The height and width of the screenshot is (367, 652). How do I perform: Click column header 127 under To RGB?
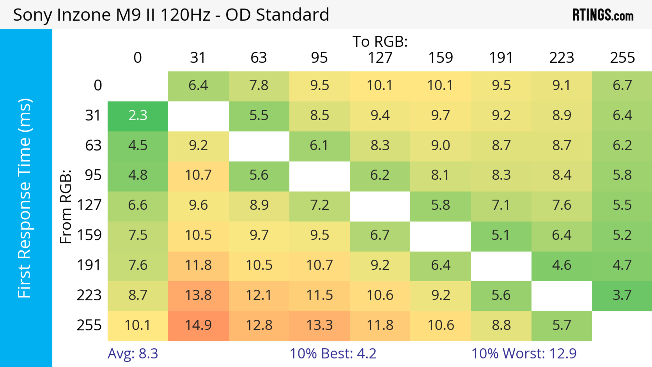pyautogui.click(x=380, y=58)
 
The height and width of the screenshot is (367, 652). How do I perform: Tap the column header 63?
pyautogui.click(x=259, y=58)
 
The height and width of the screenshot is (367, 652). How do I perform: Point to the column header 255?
pyautogui.click(x=622, y=58)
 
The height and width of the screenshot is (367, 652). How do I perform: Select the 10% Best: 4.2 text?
pyautogui.click(x=333, y=354)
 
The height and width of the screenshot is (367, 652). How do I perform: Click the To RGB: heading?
pyautogui.click(x=380, y=41)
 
